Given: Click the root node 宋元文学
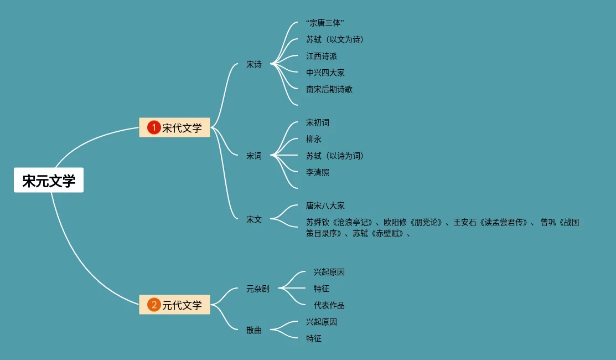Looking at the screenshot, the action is [x=49, y=181].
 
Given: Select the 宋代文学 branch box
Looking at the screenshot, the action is [x=175, y=128].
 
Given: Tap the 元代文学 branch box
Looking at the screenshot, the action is [x=175, y=305].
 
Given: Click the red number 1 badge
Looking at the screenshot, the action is [x=153, y=128].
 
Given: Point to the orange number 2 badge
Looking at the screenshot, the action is [x=153, y=305].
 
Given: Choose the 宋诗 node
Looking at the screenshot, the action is [x=254, y=64].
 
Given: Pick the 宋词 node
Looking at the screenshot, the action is [x=254, y=156].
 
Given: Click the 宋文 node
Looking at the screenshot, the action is [x=254, y=219].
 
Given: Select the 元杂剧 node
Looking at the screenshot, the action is [x=258, y=289].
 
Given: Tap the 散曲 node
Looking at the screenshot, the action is [x=254, y=330].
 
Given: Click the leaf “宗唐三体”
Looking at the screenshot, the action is [x=325, y=23].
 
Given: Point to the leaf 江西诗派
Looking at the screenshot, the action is [x=322, y=56].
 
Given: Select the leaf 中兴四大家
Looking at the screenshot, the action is [x=325, y=73].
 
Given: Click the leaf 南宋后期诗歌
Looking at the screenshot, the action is [x=329, y=89].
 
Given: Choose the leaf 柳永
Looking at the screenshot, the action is [x=314, y=139].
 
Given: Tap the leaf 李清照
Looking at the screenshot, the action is [x=318, y=172].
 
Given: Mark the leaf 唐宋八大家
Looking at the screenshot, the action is [x=325, y=205].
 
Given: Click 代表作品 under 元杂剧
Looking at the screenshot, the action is [x=329, y=305].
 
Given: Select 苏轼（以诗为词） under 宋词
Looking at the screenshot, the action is [x=335, y=156].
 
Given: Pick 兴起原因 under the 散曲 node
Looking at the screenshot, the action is [x=322, y=322].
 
